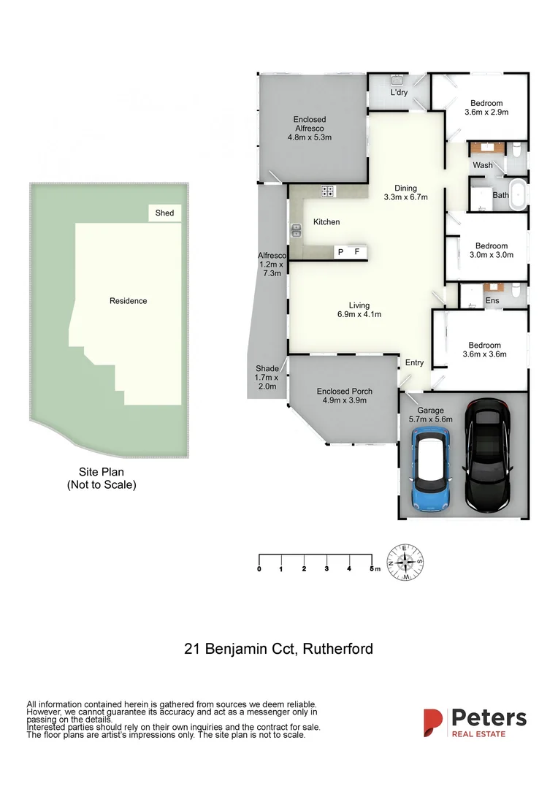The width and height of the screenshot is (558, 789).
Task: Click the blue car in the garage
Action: click(430, 469)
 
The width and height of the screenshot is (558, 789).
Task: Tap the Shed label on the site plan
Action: click(165, 213)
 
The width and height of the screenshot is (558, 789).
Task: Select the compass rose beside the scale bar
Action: click(405, 563)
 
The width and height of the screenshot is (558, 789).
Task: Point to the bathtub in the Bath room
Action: click(518, 196)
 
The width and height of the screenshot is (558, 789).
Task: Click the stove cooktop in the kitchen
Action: click(329, 191)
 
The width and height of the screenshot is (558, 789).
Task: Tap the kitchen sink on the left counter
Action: click(297, 232)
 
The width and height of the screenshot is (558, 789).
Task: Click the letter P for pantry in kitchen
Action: click(340, 252)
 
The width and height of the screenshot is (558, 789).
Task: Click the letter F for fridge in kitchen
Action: click(357, 252)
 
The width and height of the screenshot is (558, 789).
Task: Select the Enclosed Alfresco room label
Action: click(310, 128)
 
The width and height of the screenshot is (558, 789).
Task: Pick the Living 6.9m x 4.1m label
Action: click(359, 310)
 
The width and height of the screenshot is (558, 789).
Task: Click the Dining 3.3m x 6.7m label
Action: click(405, 192)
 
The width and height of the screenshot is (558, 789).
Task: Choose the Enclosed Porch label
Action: click(342, 395)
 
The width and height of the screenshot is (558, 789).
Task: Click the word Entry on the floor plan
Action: click(414, 363)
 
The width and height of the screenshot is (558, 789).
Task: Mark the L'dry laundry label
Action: click(399, 93)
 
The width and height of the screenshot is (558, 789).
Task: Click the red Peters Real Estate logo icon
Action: click(433, 722)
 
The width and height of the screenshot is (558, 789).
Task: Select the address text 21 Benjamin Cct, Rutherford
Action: click(278, 649)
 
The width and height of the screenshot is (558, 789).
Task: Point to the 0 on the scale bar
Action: click(259, 568)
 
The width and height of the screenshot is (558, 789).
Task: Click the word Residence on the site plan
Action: click(128, 301)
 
